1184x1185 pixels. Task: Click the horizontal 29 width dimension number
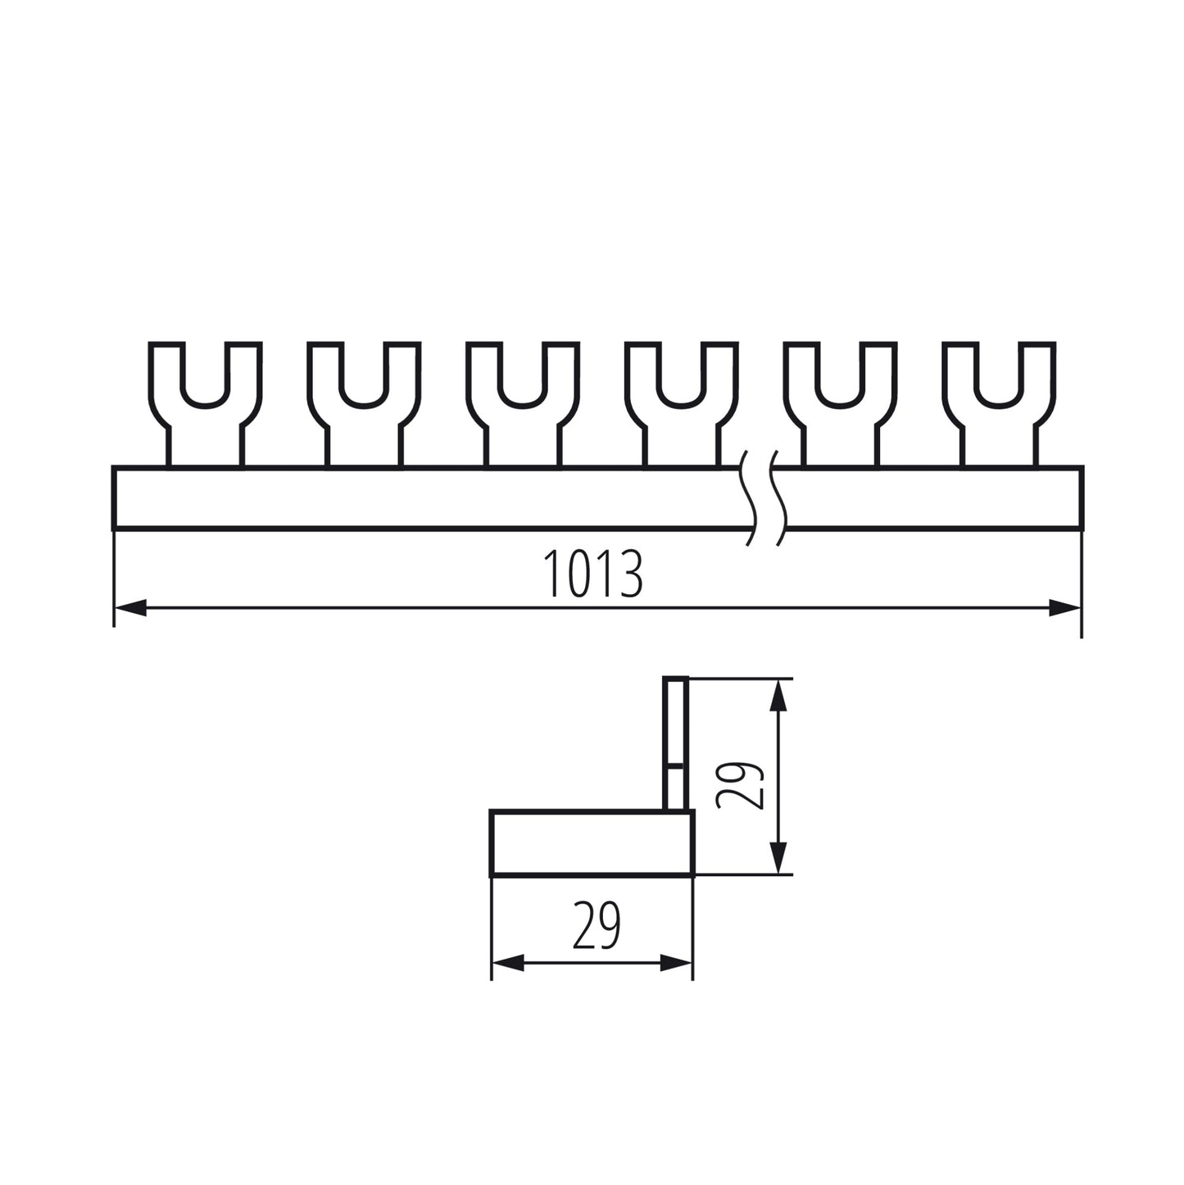click(x=597, y=925)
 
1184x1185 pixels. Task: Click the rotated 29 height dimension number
click(x=740, y=785)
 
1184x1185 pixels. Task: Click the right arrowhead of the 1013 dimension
click(x=1066, y=607)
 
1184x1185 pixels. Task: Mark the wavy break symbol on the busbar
click(x=764, y=497)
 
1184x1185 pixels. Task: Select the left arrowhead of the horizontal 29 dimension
click(x=507, y=964)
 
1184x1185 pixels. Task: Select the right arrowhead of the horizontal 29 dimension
click(x=677, y=964)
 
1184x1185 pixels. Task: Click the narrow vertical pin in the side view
click(x=675, y=742)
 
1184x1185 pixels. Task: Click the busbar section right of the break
click(x=934, y=498)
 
